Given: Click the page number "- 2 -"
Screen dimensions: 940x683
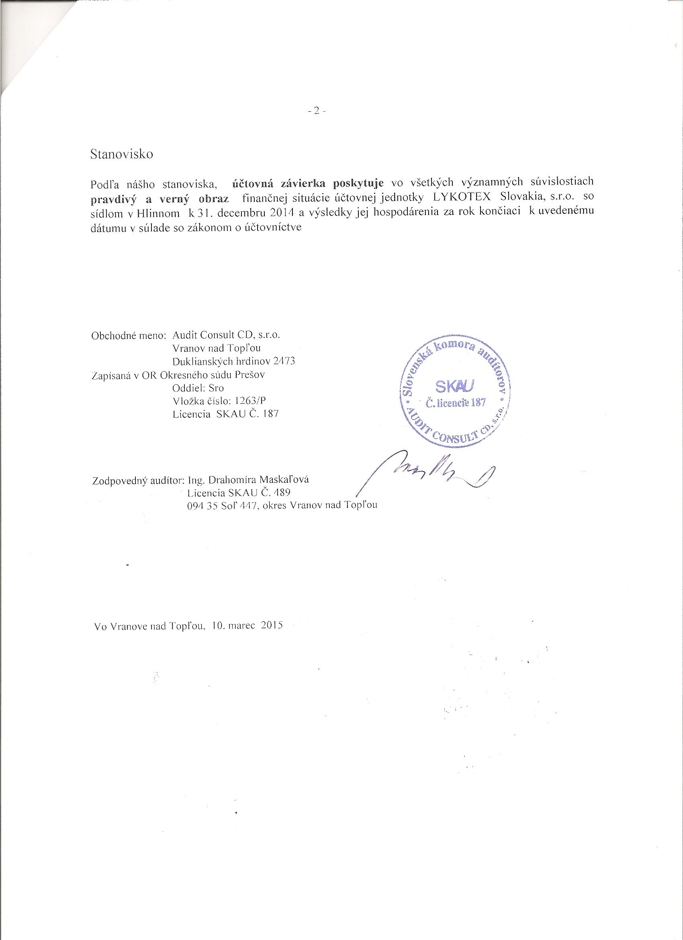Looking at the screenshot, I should (x=317, y=111).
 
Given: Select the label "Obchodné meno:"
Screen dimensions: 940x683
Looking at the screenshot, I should (x=129, y=335).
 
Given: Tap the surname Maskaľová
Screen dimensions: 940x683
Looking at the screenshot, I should (x=284, y=480).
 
